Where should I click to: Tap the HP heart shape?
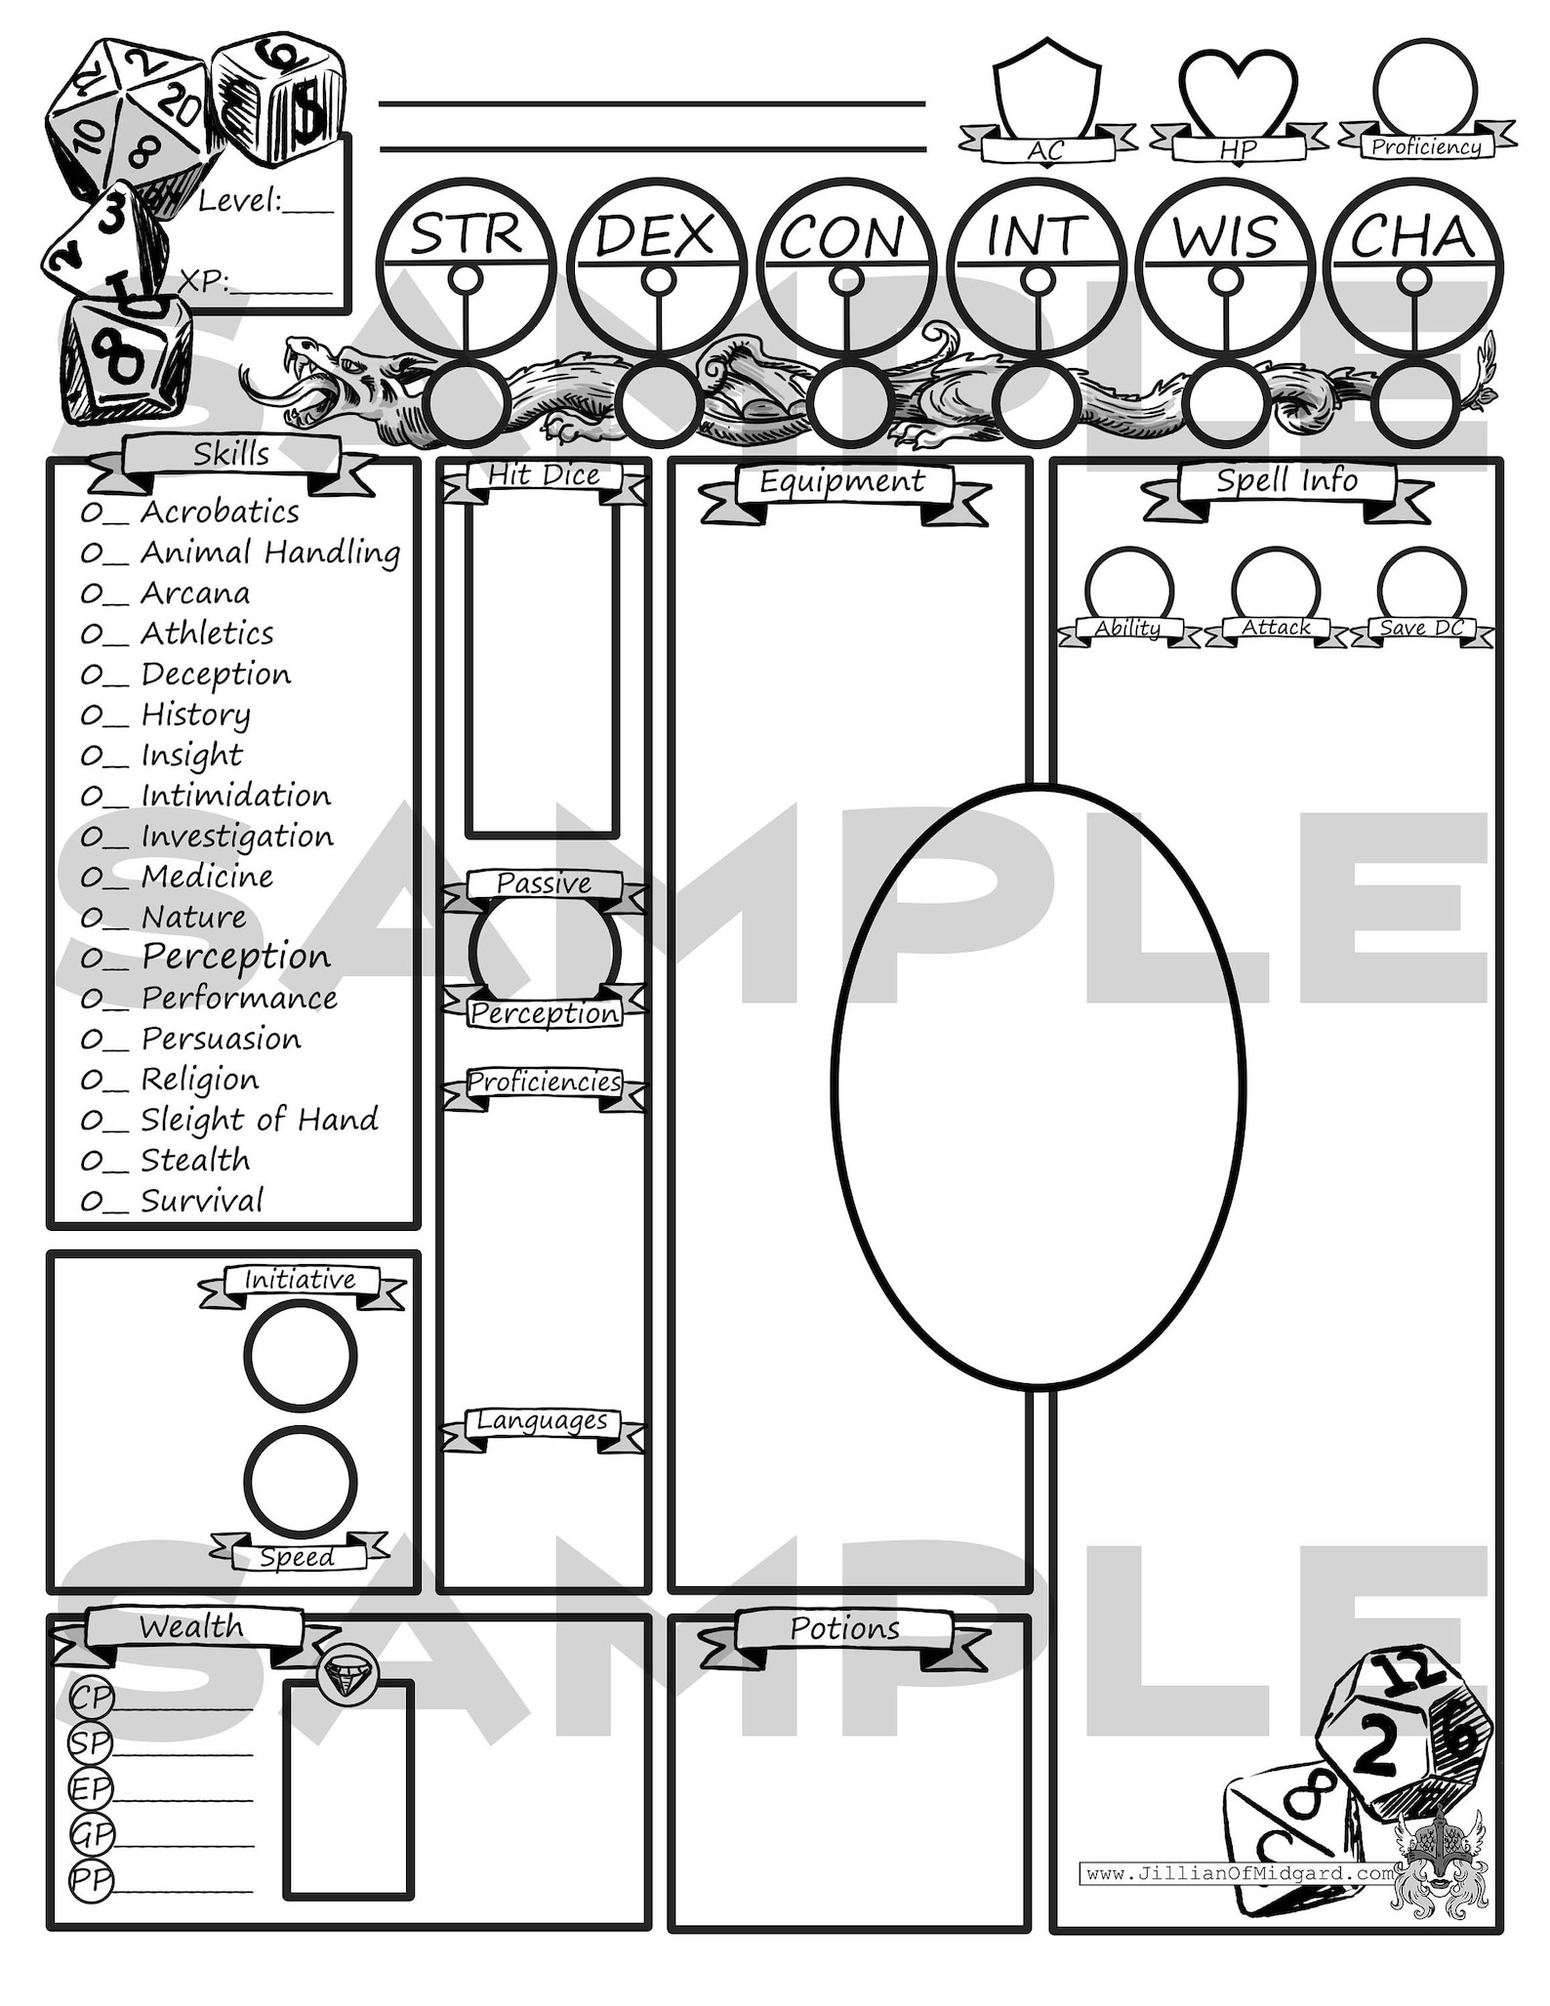(1238, 93)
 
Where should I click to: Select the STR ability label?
(466, 235)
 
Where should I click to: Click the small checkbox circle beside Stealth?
(91, 1161)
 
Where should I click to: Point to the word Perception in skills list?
(236, 957)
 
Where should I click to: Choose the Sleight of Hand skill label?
(259, 1119)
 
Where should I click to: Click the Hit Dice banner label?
(544, 475)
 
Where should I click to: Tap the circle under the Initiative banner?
(300, 1356)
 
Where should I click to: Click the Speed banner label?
(298, 1556)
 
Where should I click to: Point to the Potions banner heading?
(844, 1628)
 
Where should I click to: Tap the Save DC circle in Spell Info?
(1421, 588)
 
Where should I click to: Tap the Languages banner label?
(542, 1421)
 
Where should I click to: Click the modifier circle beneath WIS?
(1226, 401)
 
